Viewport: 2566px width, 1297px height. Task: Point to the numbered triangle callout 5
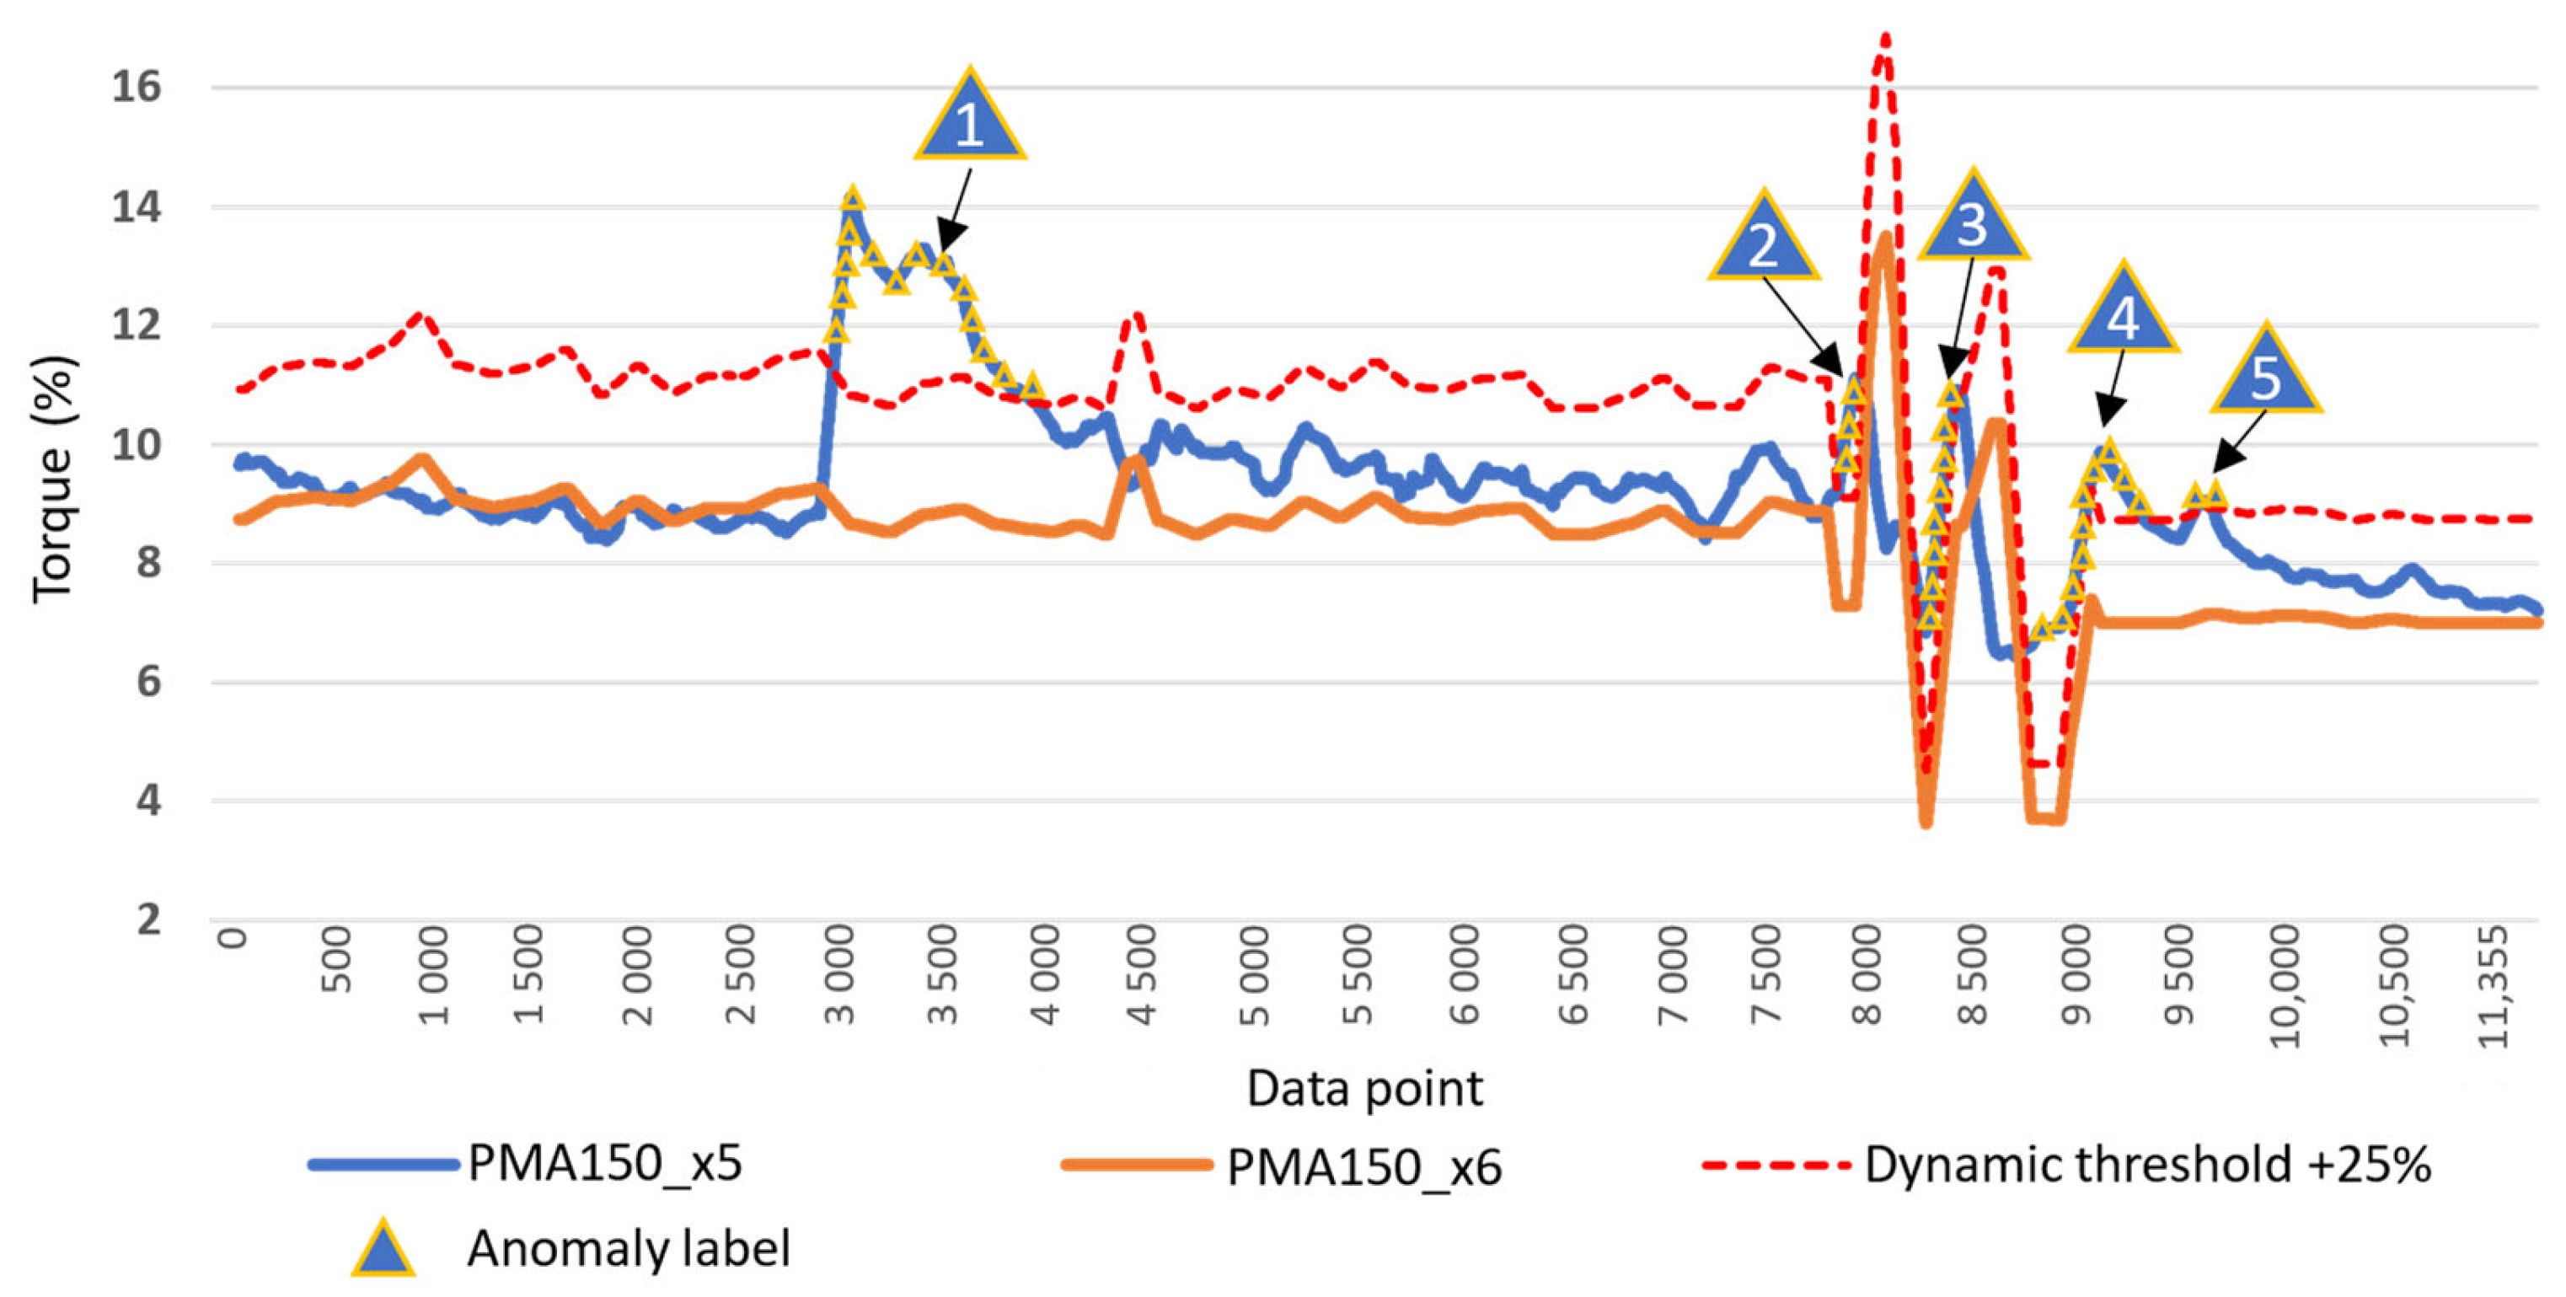pyautogui.click(x=2266, y=374)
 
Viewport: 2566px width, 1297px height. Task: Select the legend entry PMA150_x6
pyautogui.click(x=1363, y=1166)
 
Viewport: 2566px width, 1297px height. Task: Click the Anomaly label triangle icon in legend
pyautogui.click(x=383, y=1249)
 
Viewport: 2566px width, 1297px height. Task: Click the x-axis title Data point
pyautogui.click(x=1363, y=1088)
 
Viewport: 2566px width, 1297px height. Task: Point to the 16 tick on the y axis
pyautogui.click(x=136, y=88)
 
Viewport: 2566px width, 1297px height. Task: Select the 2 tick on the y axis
pyautogui.click(x=147, y=919)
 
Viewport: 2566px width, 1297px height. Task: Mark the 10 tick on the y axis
pyautogui.click(x=136, y=445)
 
